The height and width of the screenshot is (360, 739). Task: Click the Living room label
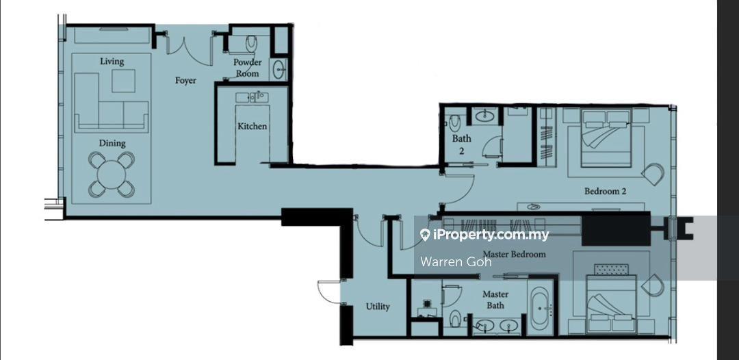(x=112, y=62)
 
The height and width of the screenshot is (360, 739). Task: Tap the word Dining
(x=112, y=143)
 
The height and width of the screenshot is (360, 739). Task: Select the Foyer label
(x=185, y=81)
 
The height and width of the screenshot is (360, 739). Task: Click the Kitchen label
(x=252, y=127)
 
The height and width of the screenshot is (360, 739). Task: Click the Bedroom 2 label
(x=605, y=192)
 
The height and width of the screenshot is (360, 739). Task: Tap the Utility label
(x=378, y=307)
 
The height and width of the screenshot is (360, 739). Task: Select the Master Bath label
(x=495, y=300)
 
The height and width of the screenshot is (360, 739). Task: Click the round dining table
(x=112, y=175)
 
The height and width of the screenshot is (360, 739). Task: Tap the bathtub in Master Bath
(x=541, y=309)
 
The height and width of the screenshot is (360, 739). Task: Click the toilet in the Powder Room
(x=251, y=44)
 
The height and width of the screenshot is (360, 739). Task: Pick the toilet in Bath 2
(x=454, y=123)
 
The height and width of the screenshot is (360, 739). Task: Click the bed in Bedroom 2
(x=606, y=138)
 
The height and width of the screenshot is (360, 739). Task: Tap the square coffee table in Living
(x=123, y=81)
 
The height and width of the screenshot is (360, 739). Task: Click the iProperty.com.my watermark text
(x=484, y=235)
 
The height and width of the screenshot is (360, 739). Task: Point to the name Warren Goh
(x=456, y=262)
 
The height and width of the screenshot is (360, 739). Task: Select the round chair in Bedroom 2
(x=652, y=174)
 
